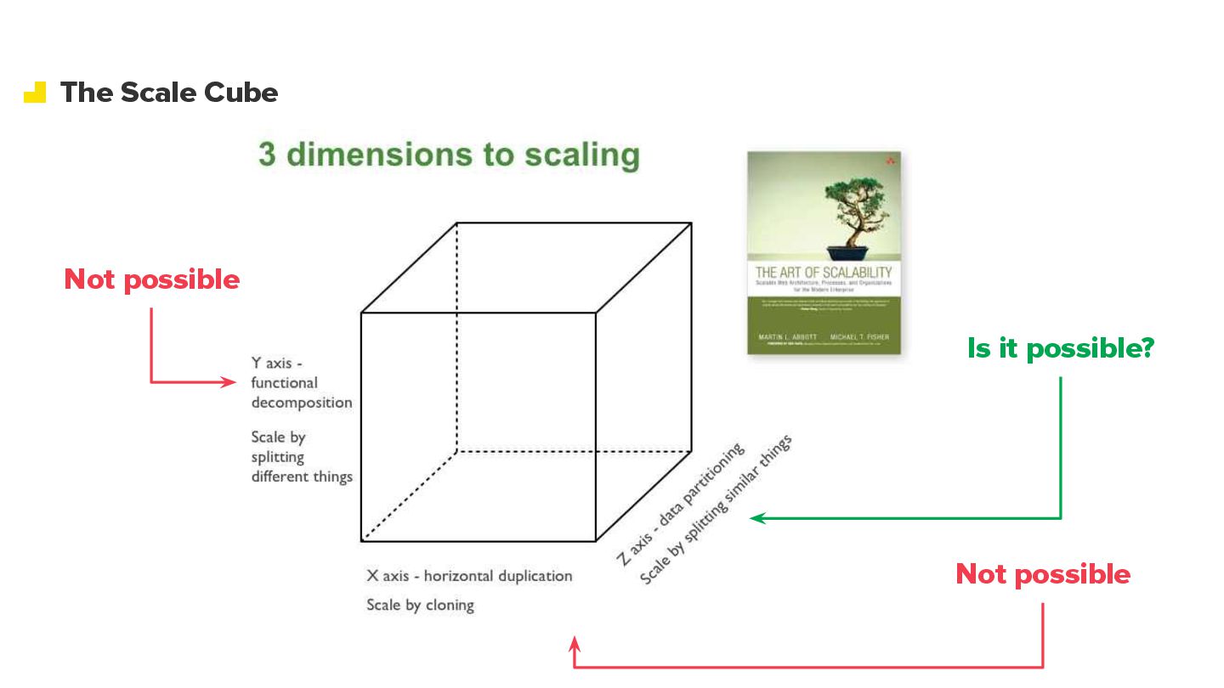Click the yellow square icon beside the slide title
pos(35,92)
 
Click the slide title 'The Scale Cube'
pos(168,92)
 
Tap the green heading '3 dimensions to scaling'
pos(449,155)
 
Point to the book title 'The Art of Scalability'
pos(824,273)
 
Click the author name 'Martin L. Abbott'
pos(787,337)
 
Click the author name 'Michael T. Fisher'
pos(859,337)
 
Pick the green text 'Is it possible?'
pos(1060,347)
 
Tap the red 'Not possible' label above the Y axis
pos(152,279)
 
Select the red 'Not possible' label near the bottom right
pos(1043,574)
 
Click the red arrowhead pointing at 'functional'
pos(229,382)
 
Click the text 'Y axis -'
pos(276,363)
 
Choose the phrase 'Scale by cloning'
pos(420,606)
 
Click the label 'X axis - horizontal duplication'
pos(469,576)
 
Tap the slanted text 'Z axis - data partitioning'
pos(680,504)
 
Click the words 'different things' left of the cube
pos(302,477)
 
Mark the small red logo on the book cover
pos(889,161)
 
